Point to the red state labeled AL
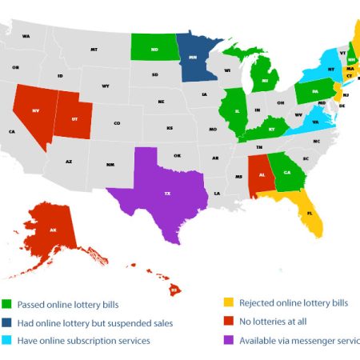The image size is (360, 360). pyautogui.click(x=260, y=170)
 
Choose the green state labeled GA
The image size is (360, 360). pyautogui.click(x=285, y=169)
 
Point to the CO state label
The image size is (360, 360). pyautogui.click(x=117, y=123)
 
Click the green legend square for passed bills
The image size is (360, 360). pyautogui.click(x=8, y=304)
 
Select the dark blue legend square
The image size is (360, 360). pyautogui.click(x=8, y=322)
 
